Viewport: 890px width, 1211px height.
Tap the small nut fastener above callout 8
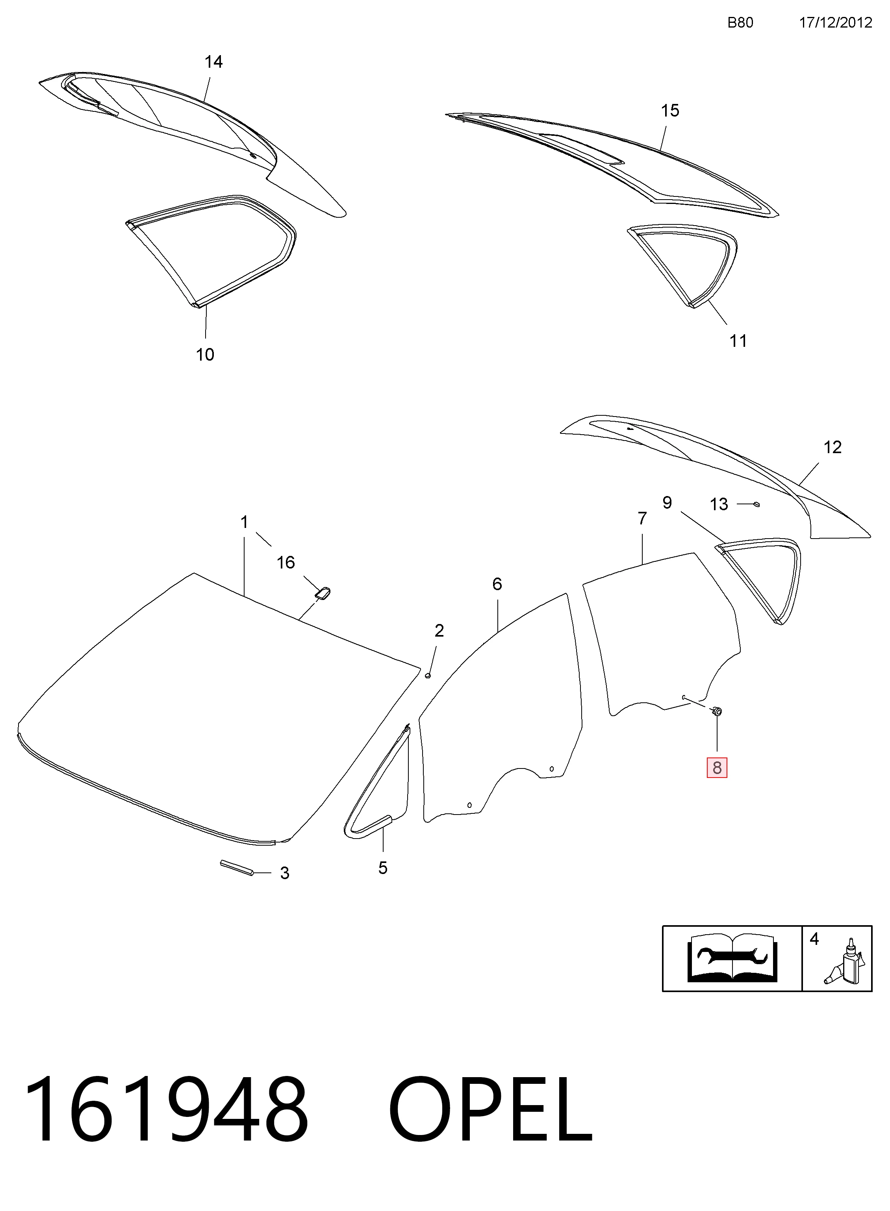[x=717, y=712]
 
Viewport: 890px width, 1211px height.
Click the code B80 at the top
[x=740, y=22]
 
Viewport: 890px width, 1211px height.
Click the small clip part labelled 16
[x=322, y=593]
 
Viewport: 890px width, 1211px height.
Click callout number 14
[x=213, y=62]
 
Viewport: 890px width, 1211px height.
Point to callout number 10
[x=205, y=354]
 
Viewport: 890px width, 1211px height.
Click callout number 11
[x=738, y=341]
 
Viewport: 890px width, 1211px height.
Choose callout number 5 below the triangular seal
[x=382, y=868]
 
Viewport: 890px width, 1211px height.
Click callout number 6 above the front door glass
[x=497, y=584]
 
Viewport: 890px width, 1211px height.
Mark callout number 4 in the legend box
[x=814, y=939]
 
